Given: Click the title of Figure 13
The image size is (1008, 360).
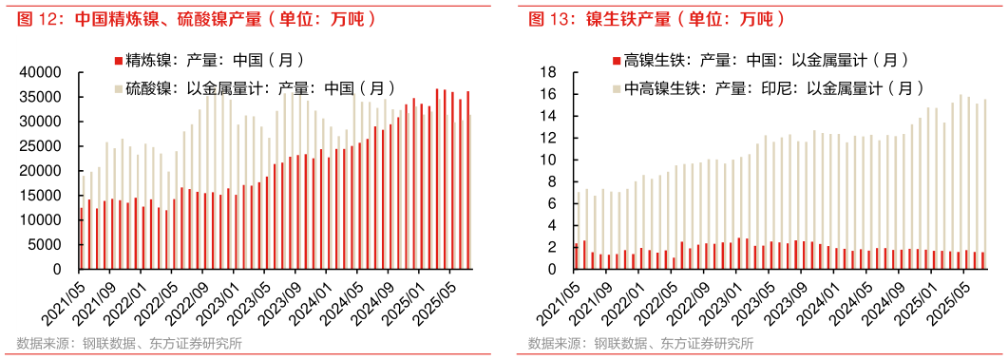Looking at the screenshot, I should (656, 18).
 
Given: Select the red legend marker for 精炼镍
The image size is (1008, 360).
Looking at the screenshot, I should (118, 61).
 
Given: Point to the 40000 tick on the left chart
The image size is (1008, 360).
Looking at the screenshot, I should (42, 72).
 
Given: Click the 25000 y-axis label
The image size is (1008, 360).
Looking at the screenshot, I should (42, 146).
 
